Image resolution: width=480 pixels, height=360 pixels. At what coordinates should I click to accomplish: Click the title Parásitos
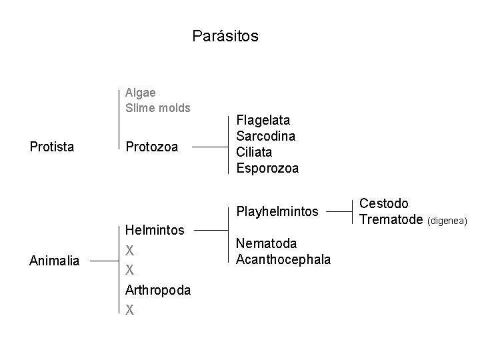pyautogui.click(x=225, y=35)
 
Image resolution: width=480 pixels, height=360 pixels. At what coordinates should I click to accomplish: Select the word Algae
pyautogui.click(x=141, y=93)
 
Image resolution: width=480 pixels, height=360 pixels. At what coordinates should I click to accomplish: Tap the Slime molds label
pyautogui.click(x=158, y=107)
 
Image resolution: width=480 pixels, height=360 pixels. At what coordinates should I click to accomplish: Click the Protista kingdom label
pyautogui.click(x=52, y=147)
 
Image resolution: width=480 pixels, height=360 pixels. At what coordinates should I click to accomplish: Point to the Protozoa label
pyautogui.click(x=151, y=147)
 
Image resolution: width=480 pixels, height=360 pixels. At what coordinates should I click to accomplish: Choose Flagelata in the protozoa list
pyautogui.click(x=263, y=121)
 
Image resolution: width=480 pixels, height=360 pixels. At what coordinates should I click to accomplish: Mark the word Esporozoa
pyautogui.click(x=267, y=169)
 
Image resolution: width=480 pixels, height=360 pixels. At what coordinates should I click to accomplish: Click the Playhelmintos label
pyautogui.click(x=277, y=213)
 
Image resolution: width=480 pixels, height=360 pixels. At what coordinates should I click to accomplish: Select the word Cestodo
pyautogui.click(x=384, y=203)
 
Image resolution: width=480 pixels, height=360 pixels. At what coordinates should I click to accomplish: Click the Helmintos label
pyautogui.click(x=155, y=230)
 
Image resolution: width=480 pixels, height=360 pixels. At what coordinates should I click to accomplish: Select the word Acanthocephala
pyautogui.click(x=283, y=259)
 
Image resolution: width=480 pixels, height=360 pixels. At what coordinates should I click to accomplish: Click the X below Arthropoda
pyautogui.click(x=130, y=309)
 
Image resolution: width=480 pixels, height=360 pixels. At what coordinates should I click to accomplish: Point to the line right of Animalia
pyautogui.click(x=103, y=261)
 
